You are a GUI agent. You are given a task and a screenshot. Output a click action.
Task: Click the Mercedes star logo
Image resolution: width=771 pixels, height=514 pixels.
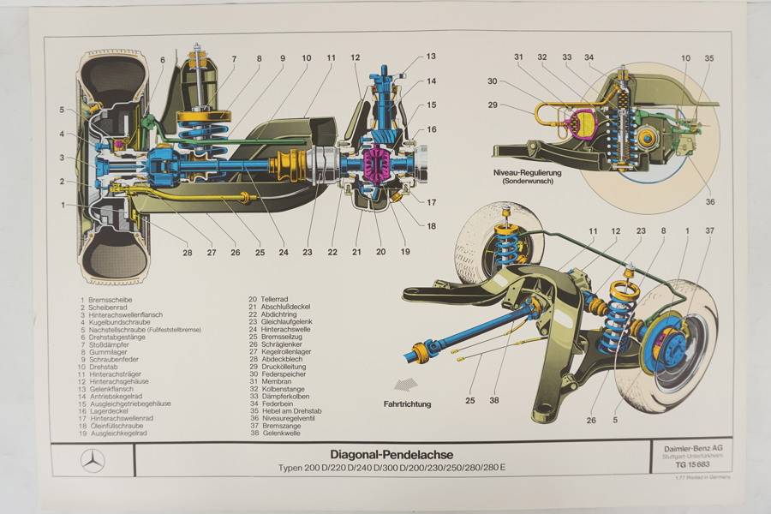click(93, 460)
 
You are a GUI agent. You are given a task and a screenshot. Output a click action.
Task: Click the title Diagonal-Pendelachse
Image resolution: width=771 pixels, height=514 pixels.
click(391, 454)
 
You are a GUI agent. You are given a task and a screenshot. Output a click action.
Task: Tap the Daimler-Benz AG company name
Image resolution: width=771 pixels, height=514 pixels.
click(690, 448)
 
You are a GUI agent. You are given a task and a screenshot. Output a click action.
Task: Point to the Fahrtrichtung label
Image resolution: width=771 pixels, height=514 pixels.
click(407, 403)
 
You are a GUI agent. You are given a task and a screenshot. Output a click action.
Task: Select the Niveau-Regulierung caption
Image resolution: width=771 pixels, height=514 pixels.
click(527, 174)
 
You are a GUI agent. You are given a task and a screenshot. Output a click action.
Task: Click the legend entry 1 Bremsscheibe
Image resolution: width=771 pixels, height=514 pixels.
click(105, 299)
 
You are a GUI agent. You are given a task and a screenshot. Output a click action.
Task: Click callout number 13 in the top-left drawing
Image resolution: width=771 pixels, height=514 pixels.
click(431, 57)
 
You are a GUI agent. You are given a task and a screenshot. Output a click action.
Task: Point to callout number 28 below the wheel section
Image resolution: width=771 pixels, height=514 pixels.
click(187, 252)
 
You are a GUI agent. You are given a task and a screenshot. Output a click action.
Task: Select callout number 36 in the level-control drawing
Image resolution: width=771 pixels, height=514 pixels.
click(709, 202)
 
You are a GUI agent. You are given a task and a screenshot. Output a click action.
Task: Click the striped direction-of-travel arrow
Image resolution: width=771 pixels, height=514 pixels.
click(405, 385)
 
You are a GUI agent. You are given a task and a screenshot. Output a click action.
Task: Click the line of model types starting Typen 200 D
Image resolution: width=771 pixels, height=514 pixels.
click(391, 467)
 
